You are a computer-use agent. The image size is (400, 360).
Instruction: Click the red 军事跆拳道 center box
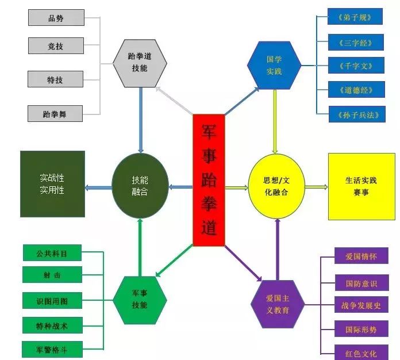[208, 180]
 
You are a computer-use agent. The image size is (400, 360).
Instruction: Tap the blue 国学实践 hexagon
[274, 64]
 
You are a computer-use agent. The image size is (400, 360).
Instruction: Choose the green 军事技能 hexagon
[140, 300]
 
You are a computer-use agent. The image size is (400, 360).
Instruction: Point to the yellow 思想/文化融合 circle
[276, 187]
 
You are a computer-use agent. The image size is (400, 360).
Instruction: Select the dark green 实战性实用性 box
[52, 184]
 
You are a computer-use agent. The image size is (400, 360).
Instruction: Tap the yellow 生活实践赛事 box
[361, 186]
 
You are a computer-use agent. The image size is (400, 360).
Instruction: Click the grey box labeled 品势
[56, 18]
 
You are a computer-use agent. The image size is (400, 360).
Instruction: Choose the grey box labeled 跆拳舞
[55, 114]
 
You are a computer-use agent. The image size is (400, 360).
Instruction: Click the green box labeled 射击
[52, 275]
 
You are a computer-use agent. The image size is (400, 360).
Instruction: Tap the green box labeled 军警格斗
[52, 348]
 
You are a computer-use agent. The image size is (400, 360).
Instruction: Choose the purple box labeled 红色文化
[361, 351]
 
